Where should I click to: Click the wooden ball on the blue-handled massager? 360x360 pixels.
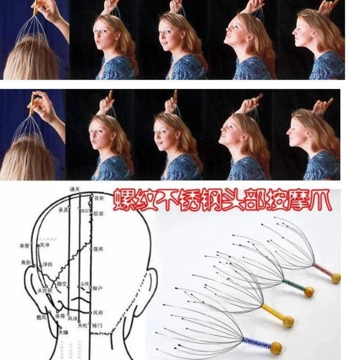tap(276, 347)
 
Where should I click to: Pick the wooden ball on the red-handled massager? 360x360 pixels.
tap(335, 278)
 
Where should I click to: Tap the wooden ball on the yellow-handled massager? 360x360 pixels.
tap(288, 321)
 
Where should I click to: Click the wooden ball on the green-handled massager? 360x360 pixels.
tap(309, 292)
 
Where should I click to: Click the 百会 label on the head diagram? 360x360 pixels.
tap(99, 198)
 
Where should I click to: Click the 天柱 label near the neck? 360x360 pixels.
tap(82, 324)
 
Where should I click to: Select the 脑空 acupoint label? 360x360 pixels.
tap(62, 283)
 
